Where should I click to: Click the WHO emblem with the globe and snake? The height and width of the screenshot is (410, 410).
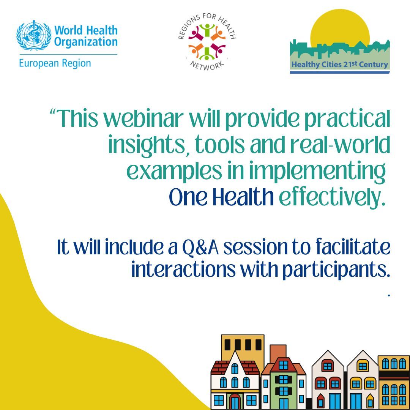click(34, 35)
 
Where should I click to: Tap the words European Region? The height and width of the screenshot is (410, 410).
click(55, 63)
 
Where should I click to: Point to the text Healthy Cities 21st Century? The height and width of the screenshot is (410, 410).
click(340, 64)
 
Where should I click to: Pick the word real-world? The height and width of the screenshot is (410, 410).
click(340, 144)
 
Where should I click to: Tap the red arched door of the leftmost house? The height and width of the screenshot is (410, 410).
click(235, 402)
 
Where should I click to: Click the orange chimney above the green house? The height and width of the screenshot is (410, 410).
click(278, 352)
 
